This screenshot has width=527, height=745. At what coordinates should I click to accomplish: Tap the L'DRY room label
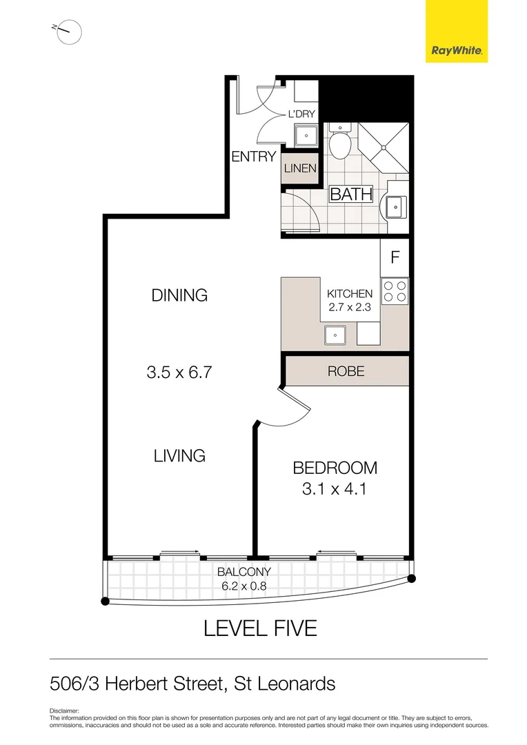coord(301,113)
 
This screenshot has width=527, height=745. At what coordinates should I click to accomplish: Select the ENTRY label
coord(253,157)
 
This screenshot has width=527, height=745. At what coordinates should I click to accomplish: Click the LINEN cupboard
coord(299,168)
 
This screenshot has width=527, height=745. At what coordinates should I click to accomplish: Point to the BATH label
coord(351,195)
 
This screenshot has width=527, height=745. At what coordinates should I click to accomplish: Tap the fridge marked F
coord(395,258)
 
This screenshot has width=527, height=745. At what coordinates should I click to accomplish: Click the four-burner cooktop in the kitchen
coord(395,290)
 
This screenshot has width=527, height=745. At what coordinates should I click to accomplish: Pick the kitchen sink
coord(336,335)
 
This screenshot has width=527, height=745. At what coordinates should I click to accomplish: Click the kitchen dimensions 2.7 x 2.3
coord(349,308)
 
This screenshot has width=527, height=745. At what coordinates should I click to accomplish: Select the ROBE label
coord(346,371)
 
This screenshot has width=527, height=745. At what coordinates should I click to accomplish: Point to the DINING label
coord(179,295)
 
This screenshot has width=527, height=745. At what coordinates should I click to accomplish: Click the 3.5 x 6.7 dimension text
coord(178,372)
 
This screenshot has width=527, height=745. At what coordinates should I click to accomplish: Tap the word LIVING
coord(179,455)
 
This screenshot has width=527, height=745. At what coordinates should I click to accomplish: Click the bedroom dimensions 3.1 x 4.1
coord(335,490)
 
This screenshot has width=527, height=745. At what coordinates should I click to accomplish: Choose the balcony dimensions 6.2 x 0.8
coord(244,586)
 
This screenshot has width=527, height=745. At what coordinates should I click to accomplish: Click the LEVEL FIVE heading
coord(260,628)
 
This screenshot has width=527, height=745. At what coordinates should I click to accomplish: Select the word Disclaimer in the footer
coord(65,711)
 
